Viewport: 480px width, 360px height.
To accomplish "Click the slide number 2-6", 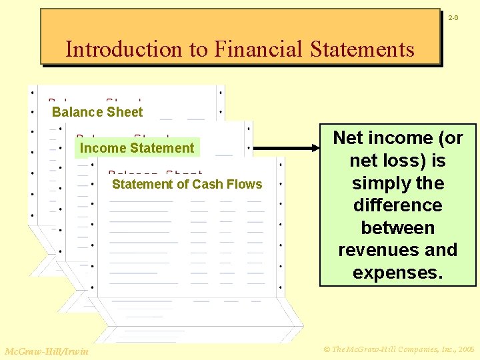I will pyautogui.click(x=453, y=17).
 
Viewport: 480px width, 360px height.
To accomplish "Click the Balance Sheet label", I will pyautogui.click(x=97, y=112).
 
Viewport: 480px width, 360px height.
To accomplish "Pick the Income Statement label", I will pyautogui.click(x=137, y=148).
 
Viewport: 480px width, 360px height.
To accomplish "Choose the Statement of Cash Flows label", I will pyautogui.click(x=187, y=184).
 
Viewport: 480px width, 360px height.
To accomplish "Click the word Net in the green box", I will pyautogui.click(x=348, y=138).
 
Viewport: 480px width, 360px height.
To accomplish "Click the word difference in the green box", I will pyautogui.click(x=398, y=205).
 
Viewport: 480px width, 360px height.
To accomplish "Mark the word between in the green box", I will pyautogui.click(x=398, y=228).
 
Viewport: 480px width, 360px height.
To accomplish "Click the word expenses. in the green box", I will pyautogui.click(x=398, y=273).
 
